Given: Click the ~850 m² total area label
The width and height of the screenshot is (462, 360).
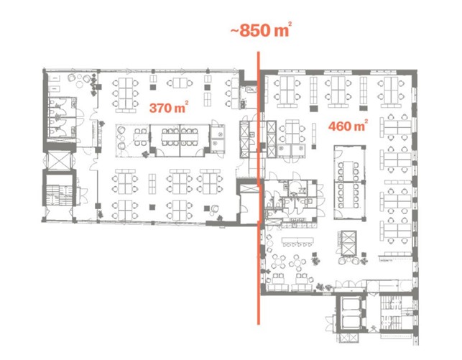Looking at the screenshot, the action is [x=261, y=30].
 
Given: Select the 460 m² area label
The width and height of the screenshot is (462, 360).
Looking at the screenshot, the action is [x=348, y=126].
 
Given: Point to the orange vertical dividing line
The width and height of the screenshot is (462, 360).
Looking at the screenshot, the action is [x=259, y=188].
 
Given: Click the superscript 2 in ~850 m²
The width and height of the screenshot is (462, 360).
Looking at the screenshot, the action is [x=290, y=24].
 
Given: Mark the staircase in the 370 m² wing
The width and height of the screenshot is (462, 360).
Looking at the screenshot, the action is [x=59, y=195].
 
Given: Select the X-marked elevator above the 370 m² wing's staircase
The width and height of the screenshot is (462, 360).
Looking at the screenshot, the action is [x=59, y=160].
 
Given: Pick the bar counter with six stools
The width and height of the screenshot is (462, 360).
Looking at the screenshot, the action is [x=297, y=242].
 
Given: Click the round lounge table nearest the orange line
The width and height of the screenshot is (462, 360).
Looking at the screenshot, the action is [x=279, y=261].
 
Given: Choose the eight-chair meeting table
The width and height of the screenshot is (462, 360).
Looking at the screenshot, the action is [x=348, y=195].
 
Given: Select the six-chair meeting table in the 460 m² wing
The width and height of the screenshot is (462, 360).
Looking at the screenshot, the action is [x=348, y=171].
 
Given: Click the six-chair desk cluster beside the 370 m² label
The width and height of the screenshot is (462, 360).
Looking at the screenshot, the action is [x=125, y=93].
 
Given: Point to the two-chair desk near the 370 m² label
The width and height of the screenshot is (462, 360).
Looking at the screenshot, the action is [x=180, y=83].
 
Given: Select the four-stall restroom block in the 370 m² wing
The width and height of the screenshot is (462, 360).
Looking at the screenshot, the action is [x=63, y=117].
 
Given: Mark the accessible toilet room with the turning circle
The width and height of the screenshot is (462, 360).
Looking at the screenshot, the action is [x=297, y=188].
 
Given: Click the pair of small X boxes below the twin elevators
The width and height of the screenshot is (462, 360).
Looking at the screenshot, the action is [x=348, y=338].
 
